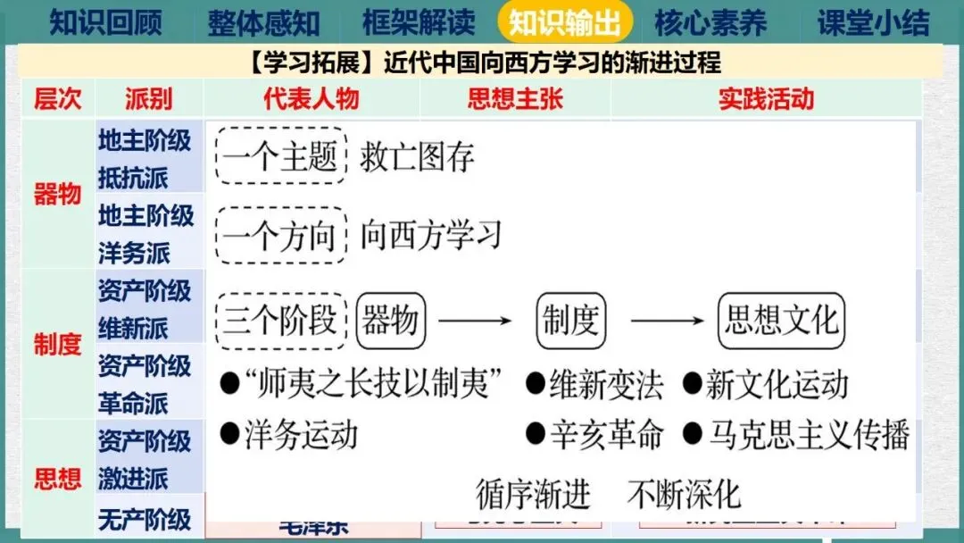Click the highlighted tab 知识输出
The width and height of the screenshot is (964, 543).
pos(565,22)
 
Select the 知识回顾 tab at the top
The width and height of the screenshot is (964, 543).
pos(105,22)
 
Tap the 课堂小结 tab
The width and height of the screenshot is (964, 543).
pos(873,22)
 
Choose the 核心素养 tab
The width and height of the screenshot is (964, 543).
pos(711,22)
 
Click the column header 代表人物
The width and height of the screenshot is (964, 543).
pos(311,98)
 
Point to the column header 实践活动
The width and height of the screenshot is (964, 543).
pos(766,98)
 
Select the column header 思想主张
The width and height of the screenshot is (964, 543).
pos(515,98)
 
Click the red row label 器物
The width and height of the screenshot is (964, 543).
pos(57,194)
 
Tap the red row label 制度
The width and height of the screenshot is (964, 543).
pos(57,344)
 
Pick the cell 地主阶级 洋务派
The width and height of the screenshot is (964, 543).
pos(145,234)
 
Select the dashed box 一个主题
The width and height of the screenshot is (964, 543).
pos(280,158)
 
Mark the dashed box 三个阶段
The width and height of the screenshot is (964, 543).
pos(280,321)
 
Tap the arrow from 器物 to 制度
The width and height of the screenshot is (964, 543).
pos(475,321)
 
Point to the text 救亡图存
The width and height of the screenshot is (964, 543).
pos(417,158)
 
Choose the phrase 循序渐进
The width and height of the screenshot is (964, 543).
pos(533,494)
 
